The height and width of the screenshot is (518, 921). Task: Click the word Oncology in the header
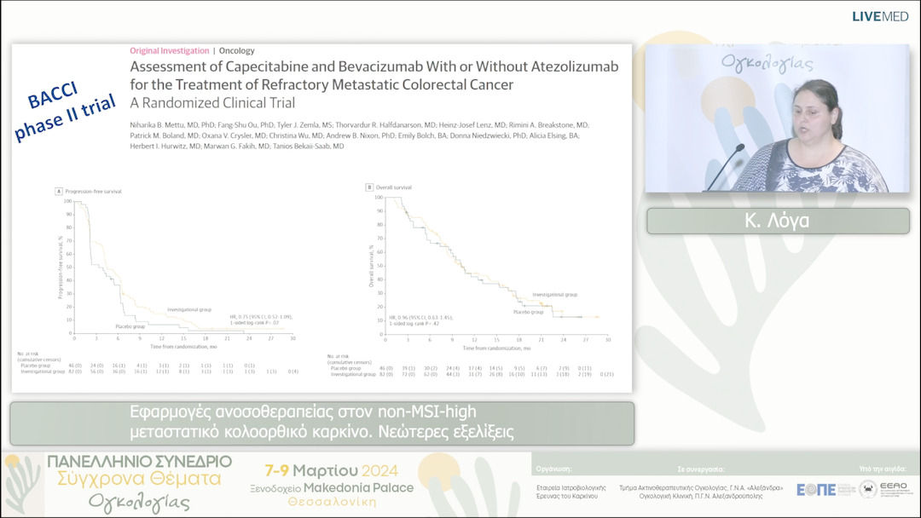coord(237,50)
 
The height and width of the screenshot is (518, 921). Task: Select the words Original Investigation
coord(169,50)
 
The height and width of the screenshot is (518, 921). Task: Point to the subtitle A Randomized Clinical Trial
coord(212,103)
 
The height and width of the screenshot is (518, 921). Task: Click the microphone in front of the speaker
coord(725,166)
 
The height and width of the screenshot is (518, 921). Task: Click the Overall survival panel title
coord(389,187)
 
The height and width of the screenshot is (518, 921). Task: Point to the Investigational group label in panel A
coord(190,309)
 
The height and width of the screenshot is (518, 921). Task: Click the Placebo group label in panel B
coord(530,312)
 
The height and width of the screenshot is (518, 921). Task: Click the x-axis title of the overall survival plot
coord(492,348)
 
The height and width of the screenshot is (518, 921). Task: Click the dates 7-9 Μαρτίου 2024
coord(332,470)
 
